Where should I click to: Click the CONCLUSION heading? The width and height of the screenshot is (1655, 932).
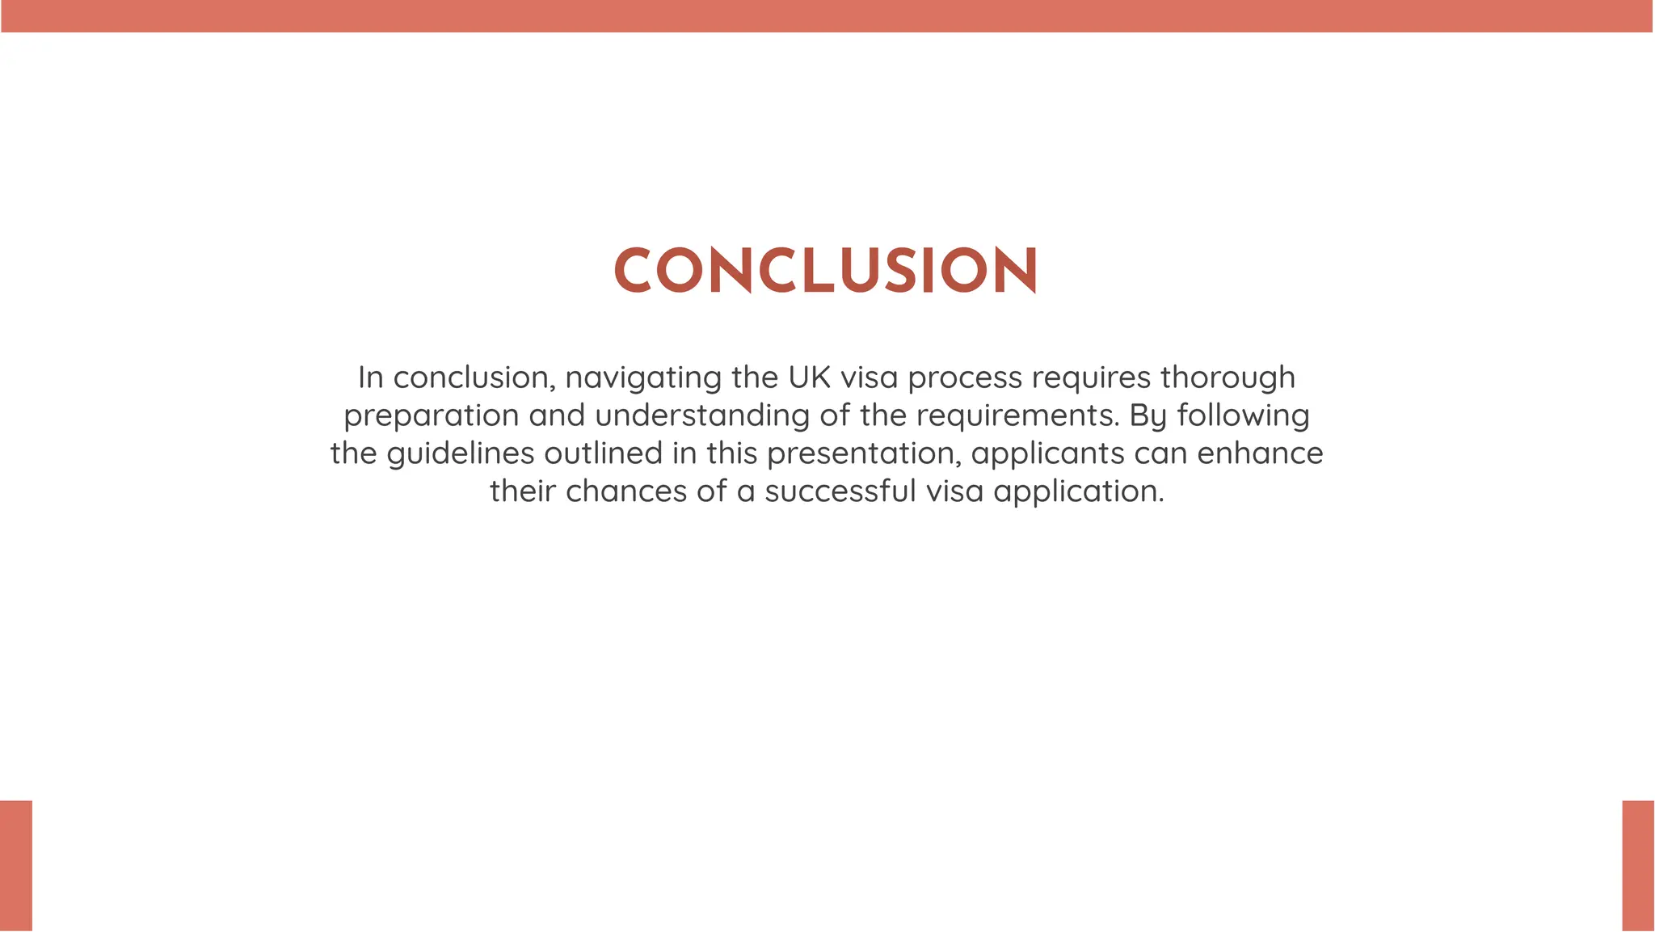tap(826, 270)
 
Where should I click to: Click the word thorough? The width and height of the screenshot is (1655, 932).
tap(1228, 377)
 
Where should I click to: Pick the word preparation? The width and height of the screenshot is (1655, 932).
tap(432, 415)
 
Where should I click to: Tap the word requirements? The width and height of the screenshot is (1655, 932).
tap(1017, 415)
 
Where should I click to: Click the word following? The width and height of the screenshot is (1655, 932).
tap(1243, 415)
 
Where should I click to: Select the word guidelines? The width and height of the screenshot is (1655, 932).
tap(461, 453)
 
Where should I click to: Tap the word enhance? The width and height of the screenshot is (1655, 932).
tap(1260, 453)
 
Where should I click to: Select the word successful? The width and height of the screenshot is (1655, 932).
tap(840, 491)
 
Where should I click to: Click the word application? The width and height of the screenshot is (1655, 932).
tap(1078, 491)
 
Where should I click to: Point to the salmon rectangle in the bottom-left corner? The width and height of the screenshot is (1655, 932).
tap(16, 866)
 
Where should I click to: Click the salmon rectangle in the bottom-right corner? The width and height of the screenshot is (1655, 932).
tap(1638, 866)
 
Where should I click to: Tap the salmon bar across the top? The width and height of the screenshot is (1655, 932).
tap(827, 16)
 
